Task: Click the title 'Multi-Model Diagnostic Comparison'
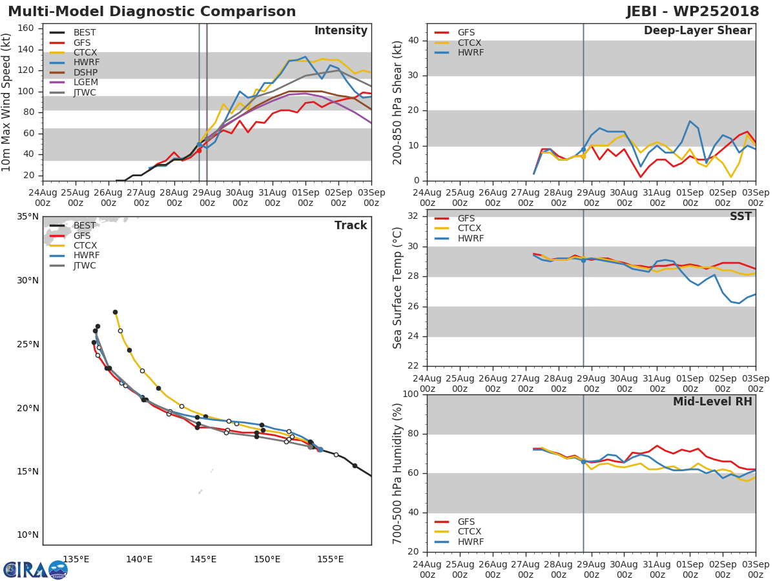coord(152,12)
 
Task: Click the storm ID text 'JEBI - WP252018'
coord(692,12)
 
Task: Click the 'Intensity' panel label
coord(340,31)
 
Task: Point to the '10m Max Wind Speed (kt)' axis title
coord(7,103)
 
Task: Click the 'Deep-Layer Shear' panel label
coord(697,31)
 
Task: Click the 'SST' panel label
coord(740,217)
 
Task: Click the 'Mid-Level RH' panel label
coord(712,402)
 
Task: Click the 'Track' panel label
coord(351,226)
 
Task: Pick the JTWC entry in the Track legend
coord(85,266)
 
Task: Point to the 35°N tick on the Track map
coord(27,217)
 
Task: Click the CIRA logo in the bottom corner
coord(35,569)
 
